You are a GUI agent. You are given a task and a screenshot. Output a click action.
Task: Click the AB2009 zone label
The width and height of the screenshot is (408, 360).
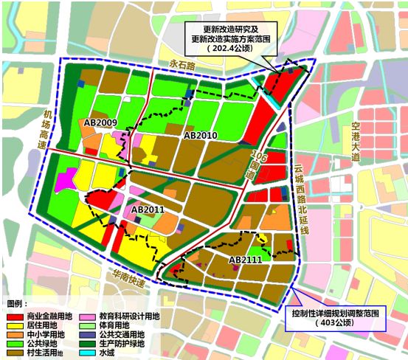101,122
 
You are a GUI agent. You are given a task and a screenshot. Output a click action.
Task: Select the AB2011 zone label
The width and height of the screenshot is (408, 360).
148,210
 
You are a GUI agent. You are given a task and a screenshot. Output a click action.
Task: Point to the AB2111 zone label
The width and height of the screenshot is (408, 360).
245,260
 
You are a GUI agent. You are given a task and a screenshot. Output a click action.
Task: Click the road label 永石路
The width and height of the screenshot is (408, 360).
181,65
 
